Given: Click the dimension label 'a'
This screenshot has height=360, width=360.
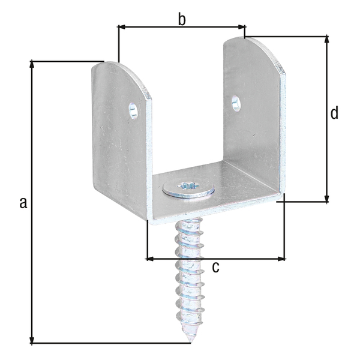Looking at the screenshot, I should pyautogui.click(x=23, y=202).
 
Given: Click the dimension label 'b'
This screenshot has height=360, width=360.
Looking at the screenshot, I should pyautogui.click(x=182, y=19).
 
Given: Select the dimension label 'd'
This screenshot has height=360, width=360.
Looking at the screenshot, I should pyautogui.click(x=334, y=112).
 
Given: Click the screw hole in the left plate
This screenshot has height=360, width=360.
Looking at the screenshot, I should pyautogui.click(x=133, y=110).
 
